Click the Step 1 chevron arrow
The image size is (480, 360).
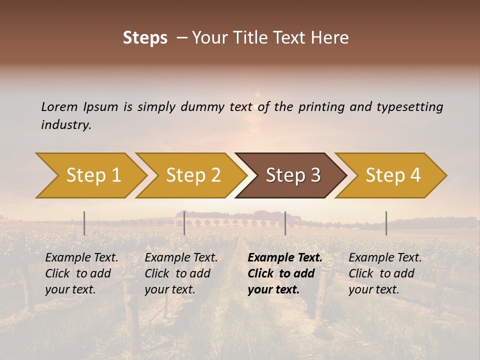pyautogui.click(x=93, y=175)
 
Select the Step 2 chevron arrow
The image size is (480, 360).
pyautogui.click(x=193, y=175)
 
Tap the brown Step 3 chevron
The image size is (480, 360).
pyautogui.click(x=293, y=175)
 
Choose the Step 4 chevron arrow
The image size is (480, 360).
pyautogui.click(x=393, y=175)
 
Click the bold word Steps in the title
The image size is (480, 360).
pyautogui.click(x=145, y=38)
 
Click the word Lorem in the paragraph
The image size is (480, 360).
pyautogui.click(x=59, y=107)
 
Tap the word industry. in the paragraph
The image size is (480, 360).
pyautogui.click(x=66, y=125)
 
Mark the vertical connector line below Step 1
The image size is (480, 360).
pyautogui.click(x=84, y=223)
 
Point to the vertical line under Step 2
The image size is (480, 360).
pyautogui.click(x=184, y=223)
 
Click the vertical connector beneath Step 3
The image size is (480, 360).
pyautogui.click(x=285, y=223)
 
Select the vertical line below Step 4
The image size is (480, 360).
pyautogui.click(x=386, y=223)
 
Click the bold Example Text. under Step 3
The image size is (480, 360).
pyautogui.click(x=285, y=258)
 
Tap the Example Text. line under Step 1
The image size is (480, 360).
pyautogui.click(x=81, y=258)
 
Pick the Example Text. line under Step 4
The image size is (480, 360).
pyautogui.click(x=385, y=258)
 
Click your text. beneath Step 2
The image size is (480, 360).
pyautogui.click(x=169, y=290)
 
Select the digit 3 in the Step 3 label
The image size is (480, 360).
pyautogui.click(x=315, y=175)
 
